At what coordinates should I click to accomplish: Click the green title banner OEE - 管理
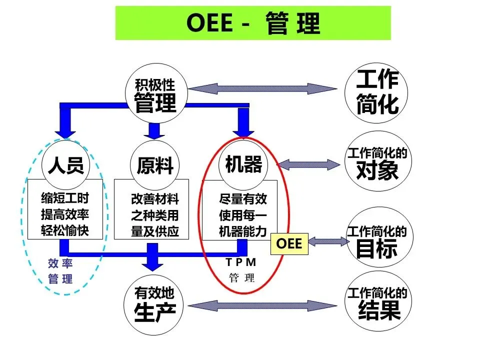(x=253, y=23)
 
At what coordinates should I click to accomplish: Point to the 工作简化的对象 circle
(x=377, y=163)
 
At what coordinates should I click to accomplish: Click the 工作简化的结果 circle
(x=377, y=303)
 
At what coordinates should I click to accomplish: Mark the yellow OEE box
(x=289, y=243)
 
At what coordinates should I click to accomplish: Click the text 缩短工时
(x=65, y=198)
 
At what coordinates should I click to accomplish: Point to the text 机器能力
(x=243, y=231)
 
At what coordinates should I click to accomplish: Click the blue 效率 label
(x=60, y=263)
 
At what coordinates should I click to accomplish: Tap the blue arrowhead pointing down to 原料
(x=154, y=132)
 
